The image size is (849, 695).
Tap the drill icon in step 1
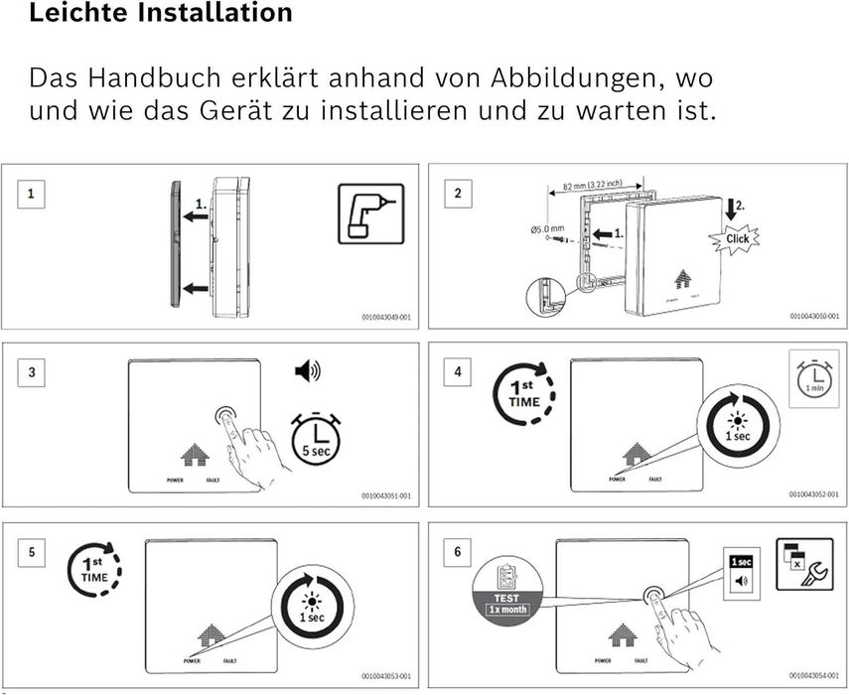(370, 214)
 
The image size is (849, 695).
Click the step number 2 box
(458, 193)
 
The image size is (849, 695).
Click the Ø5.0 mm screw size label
(546, 229)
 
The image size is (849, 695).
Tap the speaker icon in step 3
(307, 372)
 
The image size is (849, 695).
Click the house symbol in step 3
(194, 455)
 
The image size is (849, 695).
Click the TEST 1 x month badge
(507, 589)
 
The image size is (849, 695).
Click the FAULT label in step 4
(655, 479)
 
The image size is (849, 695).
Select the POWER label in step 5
(192, 660)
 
